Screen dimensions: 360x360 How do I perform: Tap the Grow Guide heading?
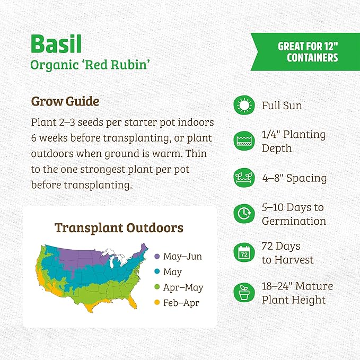[x=65, y=101]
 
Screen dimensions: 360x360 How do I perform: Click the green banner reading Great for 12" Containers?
[x=307, y=52]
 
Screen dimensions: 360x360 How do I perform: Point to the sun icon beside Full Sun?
[x=244, y=106]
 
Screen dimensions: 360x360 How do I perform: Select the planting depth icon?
[x=244, y=141]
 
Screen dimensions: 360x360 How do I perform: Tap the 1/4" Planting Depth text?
[x=293, y=141]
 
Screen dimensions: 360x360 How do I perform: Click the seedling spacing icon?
[x=244, y=178]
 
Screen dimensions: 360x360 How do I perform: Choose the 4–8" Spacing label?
[x=294, y=178]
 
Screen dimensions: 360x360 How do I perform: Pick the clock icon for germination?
[x=244, y=214]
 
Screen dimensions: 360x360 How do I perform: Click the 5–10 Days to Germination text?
[x=293, y=214]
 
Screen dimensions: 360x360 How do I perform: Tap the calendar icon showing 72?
[x=244, y=253]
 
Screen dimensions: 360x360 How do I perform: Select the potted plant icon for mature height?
[x=244, y=293]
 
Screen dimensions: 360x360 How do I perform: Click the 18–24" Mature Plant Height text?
[x=297, y=293]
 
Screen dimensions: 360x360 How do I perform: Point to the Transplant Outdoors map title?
[x=119, y=228]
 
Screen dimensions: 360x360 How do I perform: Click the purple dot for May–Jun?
[x=156, y=257]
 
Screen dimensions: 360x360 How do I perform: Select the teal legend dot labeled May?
[x=156, y=272]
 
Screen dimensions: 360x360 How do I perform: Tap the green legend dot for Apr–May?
[x=156, y=288]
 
